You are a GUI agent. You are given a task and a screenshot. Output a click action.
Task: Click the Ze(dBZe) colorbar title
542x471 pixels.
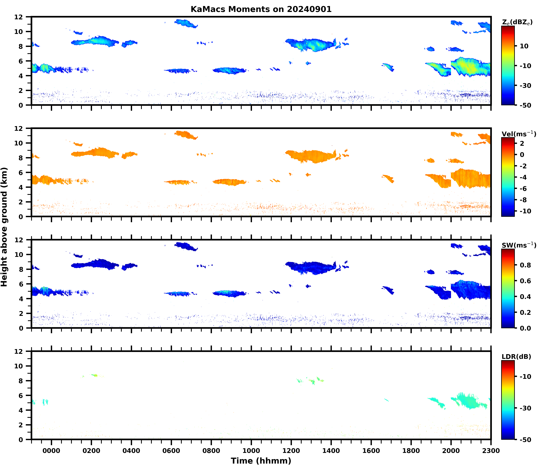coord(517,22)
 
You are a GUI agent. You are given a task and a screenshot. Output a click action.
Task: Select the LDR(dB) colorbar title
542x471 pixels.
coord(516,357)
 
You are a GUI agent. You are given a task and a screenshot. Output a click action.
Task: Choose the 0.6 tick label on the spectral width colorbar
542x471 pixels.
coord(525,281)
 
